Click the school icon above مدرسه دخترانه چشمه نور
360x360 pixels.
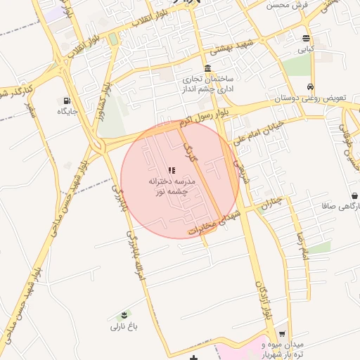(172, 170)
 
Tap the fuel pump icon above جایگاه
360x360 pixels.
(67, 101)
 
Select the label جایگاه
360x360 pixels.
(67, 111)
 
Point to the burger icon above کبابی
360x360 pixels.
(306, 39)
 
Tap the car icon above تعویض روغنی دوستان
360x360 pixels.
(310, 87)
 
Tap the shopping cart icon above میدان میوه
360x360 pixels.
(282, 334)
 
